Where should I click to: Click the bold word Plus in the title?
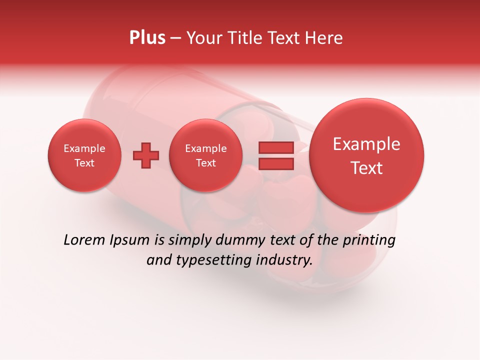(147, 38)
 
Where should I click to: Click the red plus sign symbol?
(146, 155)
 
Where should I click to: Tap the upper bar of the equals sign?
(275, 147)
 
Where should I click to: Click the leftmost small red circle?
(84, 155)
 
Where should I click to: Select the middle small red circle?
(205, 155)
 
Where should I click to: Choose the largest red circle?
(366, 155)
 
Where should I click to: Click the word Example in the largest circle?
(366, 144)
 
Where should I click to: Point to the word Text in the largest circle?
(366, 168)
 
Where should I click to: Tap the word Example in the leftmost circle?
(84, 148)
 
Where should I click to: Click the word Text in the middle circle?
(205, 163)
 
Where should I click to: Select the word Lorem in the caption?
(84, 240)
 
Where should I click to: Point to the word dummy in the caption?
(237, 240)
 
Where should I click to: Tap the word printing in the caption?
(369, 240)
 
